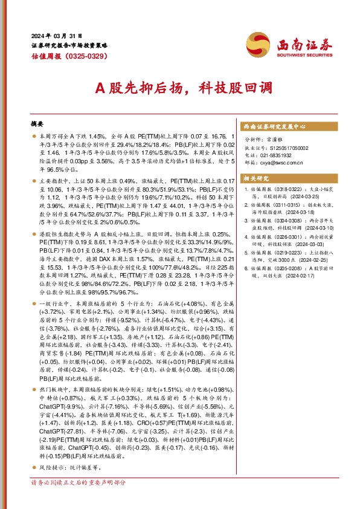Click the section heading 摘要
click(x=37, y=123)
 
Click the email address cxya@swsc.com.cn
click(x=280, y=163)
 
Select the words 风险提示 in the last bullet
click(x=50, y=468)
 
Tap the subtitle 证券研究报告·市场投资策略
click(x=69, y=45)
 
